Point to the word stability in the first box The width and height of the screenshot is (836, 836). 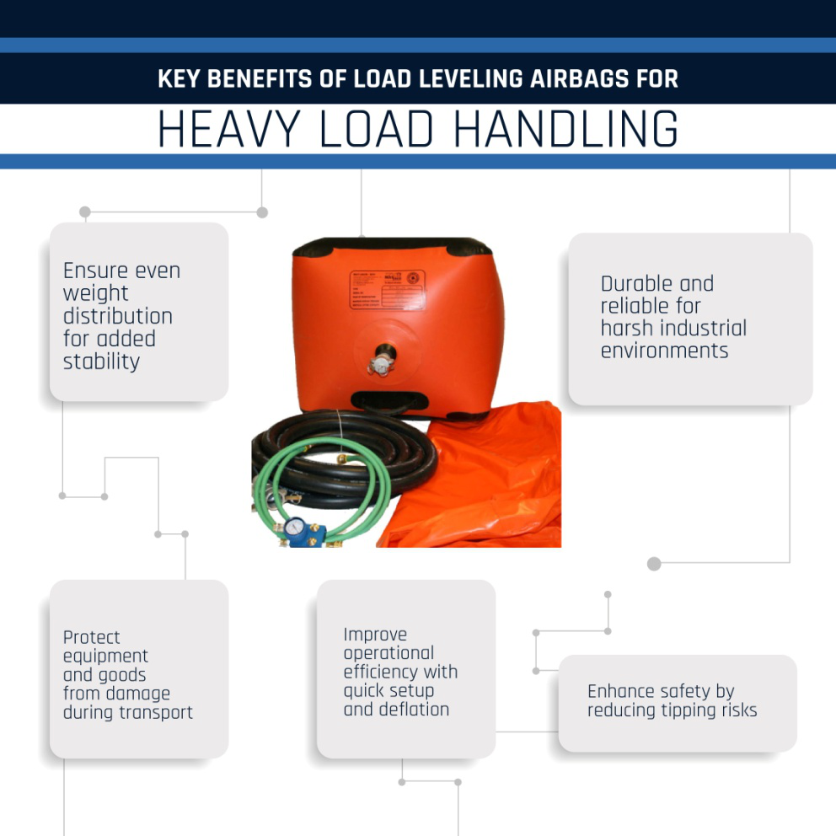pos(101,362)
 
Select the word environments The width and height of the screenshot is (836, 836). pos(665,351)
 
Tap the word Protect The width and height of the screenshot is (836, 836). pos(92,637)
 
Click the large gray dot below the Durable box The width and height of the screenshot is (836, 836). pos(654,563)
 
